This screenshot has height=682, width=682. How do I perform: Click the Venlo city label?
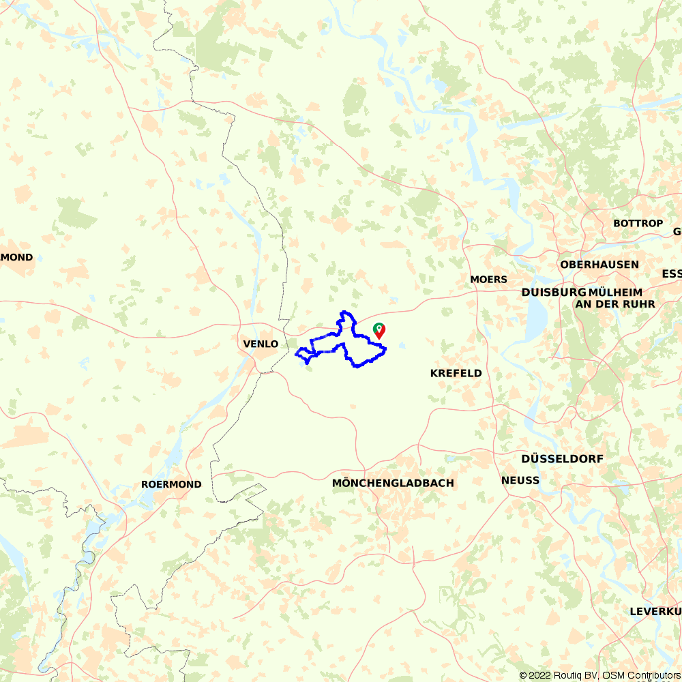[x=261, y=344]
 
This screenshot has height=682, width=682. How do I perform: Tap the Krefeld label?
[x=456, y=373]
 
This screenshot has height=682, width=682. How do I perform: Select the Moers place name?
[x=488, y=279]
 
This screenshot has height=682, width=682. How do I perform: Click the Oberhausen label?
[x=599, y=264]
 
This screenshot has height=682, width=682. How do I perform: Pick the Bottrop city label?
[x=638, y=223]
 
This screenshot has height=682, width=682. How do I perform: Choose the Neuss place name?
[x=520, y=480]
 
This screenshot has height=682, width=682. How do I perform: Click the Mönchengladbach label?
[x=393, y=483]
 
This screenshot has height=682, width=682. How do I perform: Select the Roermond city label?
[x=171, y=484]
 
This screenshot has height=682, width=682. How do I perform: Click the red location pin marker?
[x=379, y=331]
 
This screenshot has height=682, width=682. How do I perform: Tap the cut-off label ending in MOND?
[x=16, y=257]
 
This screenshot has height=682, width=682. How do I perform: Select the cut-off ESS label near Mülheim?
[x=671, y=273]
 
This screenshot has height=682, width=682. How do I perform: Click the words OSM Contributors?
[x=641, y=675]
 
